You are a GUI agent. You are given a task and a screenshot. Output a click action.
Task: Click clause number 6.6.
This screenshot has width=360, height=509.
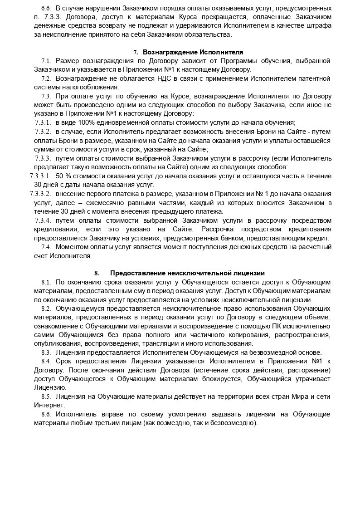click(46, 9)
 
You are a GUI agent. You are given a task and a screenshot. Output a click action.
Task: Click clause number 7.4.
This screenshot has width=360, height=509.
click(46, 247)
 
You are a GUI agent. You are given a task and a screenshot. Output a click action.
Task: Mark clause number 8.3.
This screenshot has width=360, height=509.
click(46, 352)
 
